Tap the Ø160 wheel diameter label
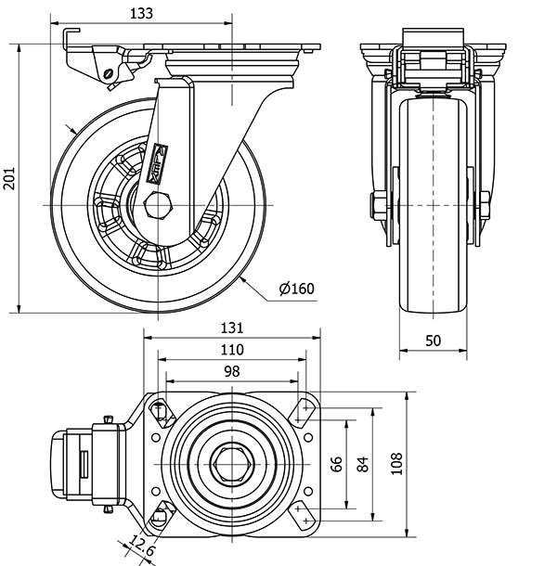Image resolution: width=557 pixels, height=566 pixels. click(x=297, y=289)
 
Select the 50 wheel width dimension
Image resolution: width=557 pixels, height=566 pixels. click(x=433, y=340)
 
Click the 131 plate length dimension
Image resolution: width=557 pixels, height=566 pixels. click(x=232, y=328)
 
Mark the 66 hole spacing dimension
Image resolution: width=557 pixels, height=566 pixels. click(x=338, y=461)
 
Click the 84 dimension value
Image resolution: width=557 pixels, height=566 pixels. click(x=364, y=461)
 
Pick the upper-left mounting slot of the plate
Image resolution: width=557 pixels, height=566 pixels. click(x=162, y=410)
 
